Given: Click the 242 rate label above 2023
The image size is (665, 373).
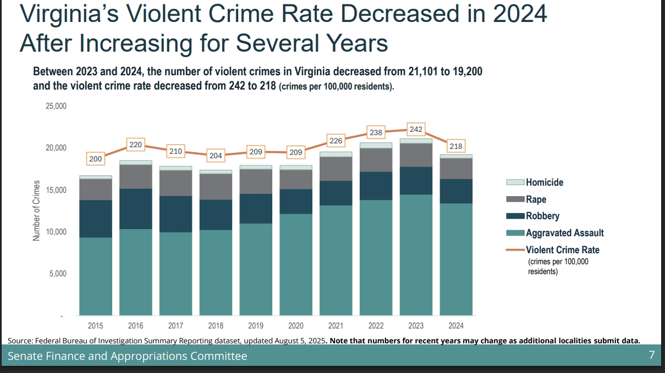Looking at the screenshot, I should (416, 129).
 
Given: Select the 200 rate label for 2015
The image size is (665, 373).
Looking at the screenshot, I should (95, 159).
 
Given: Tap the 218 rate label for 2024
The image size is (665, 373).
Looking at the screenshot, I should (456, 147).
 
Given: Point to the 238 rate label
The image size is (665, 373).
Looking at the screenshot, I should (376, 133).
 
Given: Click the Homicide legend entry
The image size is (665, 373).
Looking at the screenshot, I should (544, 182).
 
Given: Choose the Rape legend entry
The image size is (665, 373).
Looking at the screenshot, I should (536, 199).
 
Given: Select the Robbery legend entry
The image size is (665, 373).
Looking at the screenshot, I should (542, 216).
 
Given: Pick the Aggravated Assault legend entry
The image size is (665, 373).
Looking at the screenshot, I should (564, 233).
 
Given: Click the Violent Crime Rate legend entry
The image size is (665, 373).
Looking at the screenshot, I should (562, 250).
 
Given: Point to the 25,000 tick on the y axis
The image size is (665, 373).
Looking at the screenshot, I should (56, 106).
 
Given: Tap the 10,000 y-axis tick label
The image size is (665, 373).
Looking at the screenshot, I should (56, 232).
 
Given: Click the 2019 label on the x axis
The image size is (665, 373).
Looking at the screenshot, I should (256, 326).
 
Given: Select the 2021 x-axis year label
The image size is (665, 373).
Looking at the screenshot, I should (336, 326).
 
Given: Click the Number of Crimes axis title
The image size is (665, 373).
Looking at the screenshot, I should (36, 210).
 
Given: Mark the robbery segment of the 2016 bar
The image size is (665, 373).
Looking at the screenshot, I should (135, 209).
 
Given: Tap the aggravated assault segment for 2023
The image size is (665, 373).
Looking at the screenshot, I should (416, 255).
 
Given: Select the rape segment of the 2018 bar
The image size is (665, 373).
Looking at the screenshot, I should (216, 187).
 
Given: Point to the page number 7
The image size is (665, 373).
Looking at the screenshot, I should (652, 355).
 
